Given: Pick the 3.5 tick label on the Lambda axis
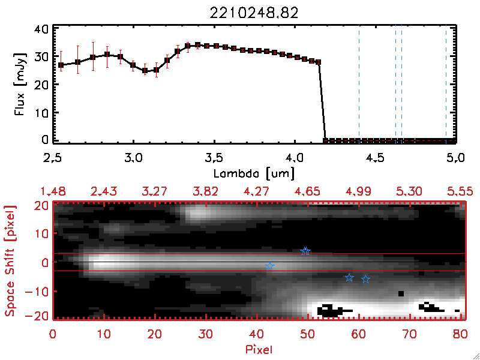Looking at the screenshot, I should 214,159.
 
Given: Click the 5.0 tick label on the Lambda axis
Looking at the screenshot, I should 455,159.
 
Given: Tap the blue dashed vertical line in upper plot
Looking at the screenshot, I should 359,84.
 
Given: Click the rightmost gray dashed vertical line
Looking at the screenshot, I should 446,84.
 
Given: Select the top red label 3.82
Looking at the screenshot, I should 206,191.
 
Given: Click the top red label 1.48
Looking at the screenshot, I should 53,191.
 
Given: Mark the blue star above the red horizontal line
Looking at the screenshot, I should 305,251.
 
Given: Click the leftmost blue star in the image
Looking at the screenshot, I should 270,266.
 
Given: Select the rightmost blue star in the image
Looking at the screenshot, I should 365,280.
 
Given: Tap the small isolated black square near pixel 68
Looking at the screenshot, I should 401,293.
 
